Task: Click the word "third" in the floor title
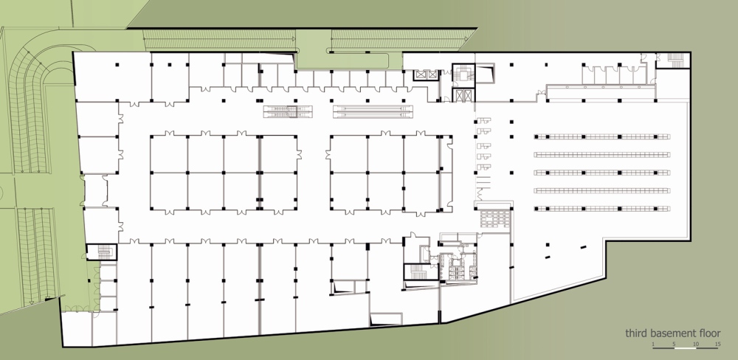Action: pos(636,333)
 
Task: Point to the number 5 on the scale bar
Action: pos(674,344)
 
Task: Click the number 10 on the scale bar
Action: pos(696,344)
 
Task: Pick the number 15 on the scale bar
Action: pos(717,344)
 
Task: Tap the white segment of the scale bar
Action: pos(686,348)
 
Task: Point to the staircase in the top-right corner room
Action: pos(676,60)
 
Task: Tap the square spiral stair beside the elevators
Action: pos(463,75)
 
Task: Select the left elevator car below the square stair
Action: pos(458,95)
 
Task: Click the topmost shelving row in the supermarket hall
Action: pos(602,136)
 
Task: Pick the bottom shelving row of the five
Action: pos(602,209)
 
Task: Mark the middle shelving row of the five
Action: pos(602,173)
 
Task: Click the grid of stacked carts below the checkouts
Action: pos(494,219)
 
